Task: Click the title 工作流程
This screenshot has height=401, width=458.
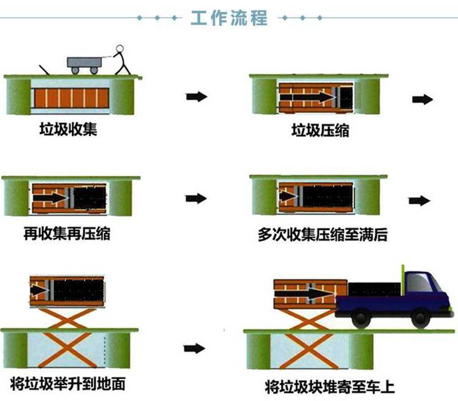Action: point(229,18)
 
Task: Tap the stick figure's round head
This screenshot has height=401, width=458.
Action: point(120,48)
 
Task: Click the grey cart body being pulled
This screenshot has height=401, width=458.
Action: point(84,62)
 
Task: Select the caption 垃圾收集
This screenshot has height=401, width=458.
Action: point(68,129)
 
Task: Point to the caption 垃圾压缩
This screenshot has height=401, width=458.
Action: point(320,130)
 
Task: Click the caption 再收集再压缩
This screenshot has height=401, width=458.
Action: point(67,234)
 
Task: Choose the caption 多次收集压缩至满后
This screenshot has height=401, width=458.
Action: point(322,235)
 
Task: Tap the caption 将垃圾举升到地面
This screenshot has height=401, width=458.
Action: point(68,384)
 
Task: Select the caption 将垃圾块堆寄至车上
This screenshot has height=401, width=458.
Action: point(330,387)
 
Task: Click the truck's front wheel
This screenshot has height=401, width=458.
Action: point(420,318)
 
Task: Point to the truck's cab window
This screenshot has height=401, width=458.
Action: point(419,282)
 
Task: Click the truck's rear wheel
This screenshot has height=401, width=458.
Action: point(361,319)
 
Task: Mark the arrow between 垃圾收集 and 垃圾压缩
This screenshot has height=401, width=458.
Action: point(197,97)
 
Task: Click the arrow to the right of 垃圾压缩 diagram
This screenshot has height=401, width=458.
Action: point(423,100)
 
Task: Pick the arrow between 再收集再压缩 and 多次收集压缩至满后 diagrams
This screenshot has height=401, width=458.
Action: point(196,199)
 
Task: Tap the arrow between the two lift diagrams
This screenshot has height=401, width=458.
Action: point(195,348)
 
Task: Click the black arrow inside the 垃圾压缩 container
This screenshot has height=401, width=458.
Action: point(307,97)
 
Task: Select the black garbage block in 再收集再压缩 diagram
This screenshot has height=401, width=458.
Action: point(90,198)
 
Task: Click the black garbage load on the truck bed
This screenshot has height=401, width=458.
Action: point(374,289)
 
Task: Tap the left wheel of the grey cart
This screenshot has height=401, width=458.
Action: point(75,70)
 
